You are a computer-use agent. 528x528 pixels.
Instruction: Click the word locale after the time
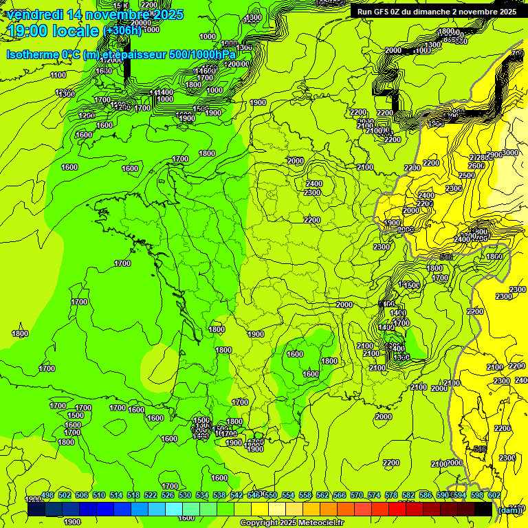point(80,31)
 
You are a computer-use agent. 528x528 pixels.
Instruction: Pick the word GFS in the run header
point(386,12)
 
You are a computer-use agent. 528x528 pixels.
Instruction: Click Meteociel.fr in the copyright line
point(317,523)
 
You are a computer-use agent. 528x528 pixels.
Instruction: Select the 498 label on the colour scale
point(47,495)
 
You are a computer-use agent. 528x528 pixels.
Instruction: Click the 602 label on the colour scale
point(494,495)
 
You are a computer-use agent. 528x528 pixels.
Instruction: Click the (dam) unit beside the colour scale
point(509,510)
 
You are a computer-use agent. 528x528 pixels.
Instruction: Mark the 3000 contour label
point(511,153)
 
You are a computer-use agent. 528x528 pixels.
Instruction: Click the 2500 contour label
point(467,175)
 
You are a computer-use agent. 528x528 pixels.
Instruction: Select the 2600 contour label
point(476,166)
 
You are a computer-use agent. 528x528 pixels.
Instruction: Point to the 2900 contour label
point(494,155)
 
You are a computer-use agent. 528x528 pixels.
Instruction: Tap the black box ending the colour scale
point(483,509)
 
